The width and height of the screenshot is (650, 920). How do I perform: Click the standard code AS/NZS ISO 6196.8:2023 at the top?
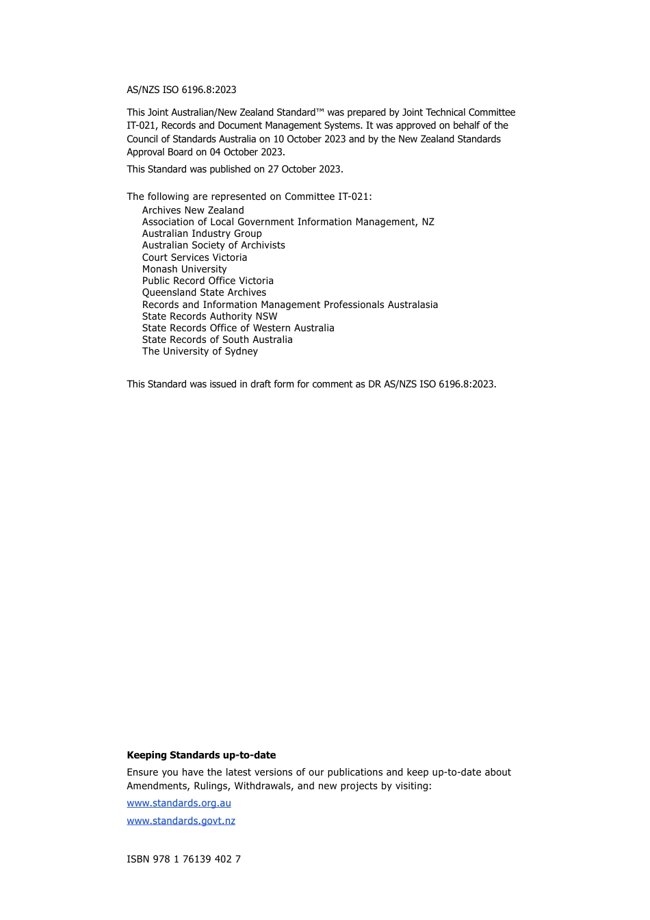click(181, 90)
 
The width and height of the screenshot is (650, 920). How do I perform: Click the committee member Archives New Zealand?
click(193, 210)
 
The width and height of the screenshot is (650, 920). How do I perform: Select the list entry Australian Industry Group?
click(202, 233)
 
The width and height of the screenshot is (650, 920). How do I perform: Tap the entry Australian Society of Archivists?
click(213, 245)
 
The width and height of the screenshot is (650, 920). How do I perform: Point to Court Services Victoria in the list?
click(194, 257)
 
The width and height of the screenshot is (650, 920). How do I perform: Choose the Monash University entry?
click(184, 269)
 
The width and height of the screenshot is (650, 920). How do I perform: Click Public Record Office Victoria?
click(207, 281)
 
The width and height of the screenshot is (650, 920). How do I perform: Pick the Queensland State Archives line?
click(204, 292)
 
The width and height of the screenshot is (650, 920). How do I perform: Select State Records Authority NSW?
click(209, 316)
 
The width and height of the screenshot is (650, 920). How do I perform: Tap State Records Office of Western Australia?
click(238, 328)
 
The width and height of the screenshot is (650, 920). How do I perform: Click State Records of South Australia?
click(217, 340)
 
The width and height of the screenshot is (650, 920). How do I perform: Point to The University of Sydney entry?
click(200, 351)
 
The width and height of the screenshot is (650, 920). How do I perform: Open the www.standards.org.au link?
click(179, 803)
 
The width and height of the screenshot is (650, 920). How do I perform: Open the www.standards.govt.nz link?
click(181, 821)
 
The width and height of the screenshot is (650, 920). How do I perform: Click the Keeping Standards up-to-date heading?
click(201, 755)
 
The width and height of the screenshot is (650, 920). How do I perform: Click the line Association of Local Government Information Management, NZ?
click(288, 222)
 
